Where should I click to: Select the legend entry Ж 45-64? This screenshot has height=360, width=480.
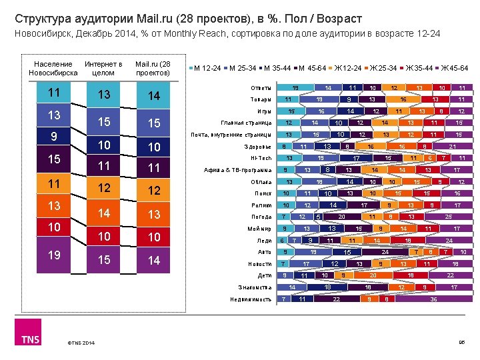(453, 68)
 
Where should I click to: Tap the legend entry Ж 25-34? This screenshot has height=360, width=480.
(381, 68)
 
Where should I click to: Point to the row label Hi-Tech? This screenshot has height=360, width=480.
(261, 158)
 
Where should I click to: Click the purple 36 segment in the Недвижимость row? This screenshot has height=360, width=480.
(434, 299)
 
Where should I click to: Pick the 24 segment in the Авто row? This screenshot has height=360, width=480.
(386, 252)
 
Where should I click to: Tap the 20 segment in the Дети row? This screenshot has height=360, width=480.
(374, 275)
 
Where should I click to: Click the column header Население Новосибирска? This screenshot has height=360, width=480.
(53, 68)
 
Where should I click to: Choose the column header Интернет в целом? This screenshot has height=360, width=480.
(103, 68)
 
